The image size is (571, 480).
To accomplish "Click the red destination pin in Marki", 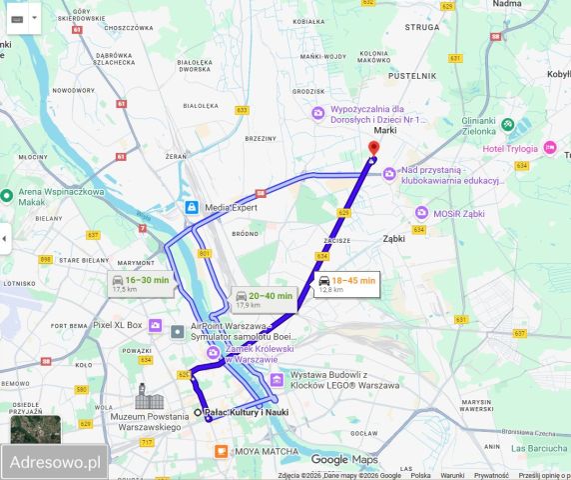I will (x=373, y=150).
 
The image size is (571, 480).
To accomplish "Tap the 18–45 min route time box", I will (x=346, y=284).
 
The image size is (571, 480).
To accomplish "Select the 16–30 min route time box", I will (x=140, y=284).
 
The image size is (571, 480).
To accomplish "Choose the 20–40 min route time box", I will (x=264, y=299).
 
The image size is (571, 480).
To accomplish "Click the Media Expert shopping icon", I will (x=190, y=207).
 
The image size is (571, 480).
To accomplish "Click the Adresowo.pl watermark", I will (x=54, y=462).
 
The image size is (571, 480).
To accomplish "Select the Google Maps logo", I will (x=343, y=459).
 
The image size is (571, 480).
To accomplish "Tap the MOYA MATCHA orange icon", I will (x=222, y=452).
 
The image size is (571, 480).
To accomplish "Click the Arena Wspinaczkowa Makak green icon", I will (x=7, y=195).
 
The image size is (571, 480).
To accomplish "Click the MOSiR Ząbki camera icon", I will (x=423, y=213).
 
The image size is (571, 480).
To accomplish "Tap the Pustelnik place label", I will (x=412, y=75).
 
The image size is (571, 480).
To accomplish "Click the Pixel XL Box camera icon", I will (x=155, y=325).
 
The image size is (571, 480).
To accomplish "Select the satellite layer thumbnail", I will (x=35, y=429).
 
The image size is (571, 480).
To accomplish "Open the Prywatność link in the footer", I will (x=491, y=476).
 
